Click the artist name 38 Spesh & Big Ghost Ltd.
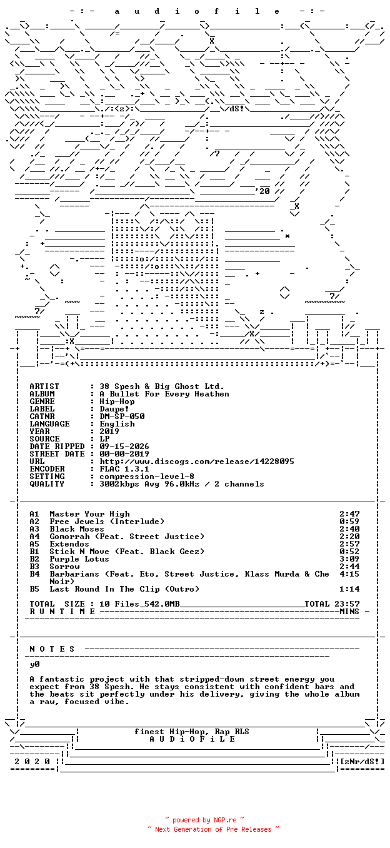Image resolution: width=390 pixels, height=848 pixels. click(x=161, y=386)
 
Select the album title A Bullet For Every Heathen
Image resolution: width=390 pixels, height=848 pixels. click(x=164, y=394)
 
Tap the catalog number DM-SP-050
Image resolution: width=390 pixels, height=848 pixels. click(x=122, y=416)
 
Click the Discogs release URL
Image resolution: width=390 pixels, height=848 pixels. click(x=197, y=462)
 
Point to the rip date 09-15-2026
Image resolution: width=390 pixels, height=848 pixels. click(x=124, y=447)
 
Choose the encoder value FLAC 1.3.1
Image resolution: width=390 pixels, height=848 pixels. click(x=124, y=469)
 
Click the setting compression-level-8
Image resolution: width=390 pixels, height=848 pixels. click(x=147, y=477)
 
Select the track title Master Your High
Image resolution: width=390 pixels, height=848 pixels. click(x=89, y=514)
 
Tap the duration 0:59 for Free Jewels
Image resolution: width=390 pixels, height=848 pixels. click(x=349, y=522)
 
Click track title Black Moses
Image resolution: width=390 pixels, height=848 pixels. click(x=77, y=529)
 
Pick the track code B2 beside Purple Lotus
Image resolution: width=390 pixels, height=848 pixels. click(x=34, y=559)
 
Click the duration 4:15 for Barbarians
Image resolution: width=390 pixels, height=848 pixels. click(x=349, y=574)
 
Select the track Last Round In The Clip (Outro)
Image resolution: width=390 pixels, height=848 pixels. click(x=124, y=589)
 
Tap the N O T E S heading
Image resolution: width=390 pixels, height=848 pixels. click(x=52, y=649)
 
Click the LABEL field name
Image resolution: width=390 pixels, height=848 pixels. click(x=42, y=409)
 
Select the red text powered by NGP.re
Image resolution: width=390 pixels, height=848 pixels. click(x=204, y=820)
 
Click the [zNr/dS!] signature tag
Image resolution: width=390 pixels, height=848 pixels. click(x=362, y=761)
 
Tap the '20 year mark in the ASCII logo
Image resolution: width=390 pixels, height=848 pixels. click(x=262, y=191)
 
